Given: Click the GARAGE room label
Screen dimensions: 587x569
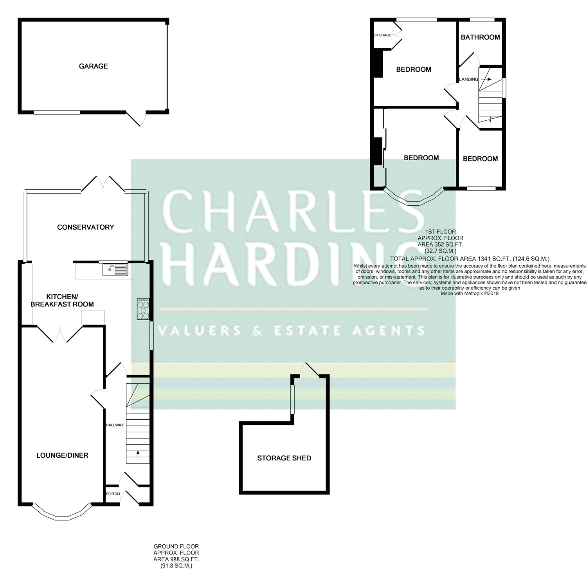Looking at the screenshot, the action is tap(93, 66).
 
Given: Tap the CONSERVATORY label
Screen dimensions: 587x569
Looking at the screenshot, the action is tap(85, 227).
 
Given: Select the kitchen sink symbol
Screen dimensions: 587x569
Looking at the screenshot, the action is tap(115, 270).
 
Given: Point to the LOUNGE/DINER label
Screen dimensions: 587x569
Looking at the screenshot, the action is tap(62, 455).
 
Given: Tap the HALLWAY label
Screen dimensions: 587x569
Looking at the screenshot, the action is tap(114, 425).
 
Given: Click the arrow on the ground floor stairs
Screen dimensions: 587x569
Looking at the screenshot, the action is tap(137, 455).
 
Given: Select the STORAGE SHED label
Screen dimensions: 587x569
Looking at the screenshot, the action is tap(284, 458).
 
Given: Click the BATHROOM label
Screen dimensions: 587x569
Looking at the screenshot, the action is tap(480, 37).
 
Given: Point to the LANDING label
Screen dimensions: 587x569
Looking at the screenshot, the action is tap(468, 80).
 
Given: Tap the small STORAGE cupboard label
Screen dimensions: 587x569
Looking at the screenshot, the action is tap(382, 35).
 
